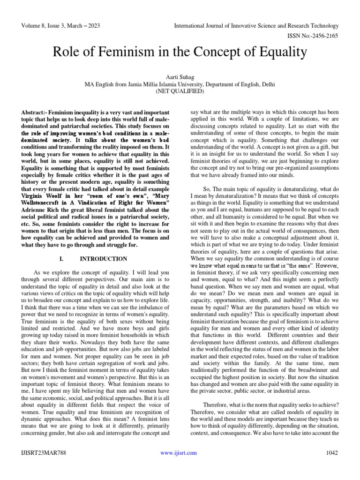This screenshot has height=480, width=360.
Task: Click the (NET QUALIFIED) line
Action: (180, 91)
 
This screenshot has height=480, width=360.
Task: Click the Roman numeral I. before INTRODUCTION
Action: (62, 259)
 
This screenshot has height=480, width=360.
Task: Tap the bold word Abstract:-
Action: (37, 113)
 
